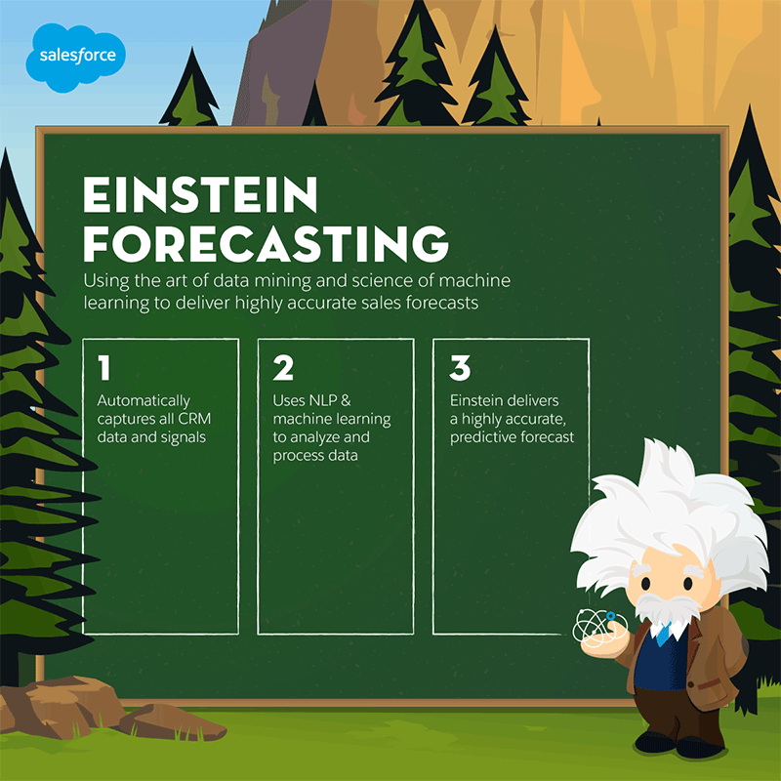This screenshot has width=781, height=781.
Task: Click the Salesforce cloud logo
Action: pyautogui.click(x=76, y=58)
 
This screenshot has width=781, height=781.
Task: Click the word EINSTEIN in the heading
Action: pyautogui.click(x=200, y=194)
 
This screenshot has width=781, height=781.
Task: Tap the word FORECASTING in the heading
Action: pyautogui.click(x=267, y=243)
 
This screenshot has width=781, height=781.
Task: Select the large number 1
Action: pyautogui.click(x=104, y=368)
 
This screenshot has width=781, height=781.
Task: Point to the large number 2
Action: pyautogui.click(x=283, y=368)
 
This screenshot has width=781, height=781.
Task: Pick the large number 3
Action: pyautogui.click(x=460, y=368)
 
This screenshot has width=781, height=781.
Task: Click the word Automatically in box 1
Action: pyautogui.click(x=144, y=401)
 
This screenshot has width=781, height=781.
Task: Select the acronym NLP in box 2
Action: pyautogui.click(x=323, y=400)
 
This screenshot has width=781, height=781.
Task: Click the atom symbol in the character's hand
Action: pyautogui.click(x=599, y=627)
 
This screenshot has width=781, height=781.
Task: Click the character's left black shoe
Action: pyautogui.click(x=654, y=742)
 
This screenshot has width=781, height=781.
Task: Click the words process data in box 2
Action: pyautogui.click(x=315, y=456)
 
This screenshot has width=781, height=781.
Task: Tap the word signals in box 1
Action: pyautogui.click(x=183, y=437)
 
